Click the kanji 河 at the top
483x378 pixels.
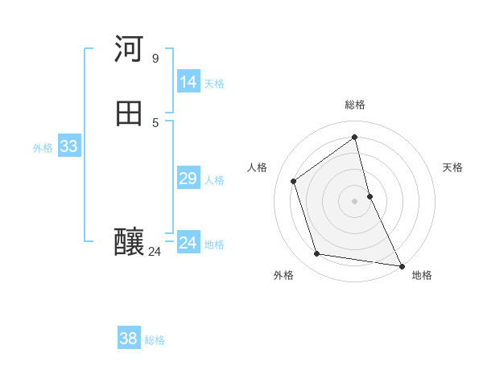tap(129, 49)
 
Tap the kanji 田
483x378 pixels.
tap(129, 113)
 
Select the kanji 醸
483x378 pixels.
tap(130, 242)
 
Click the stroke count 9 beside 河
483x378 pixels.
tap(155, 58)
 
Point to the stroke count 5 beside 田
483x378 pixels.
tap(155, 122)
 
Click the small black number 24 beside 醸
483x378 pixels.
tap(155, 252)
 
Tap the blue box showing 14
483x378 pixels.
tap(188, 82)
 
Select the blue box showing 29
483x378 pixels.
tap(188, 179)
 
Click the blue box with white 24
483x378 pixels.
tap(188, 243)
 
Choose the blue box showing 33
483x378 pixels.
tap(68, 146)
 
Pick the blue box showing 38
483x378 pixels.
tap(128, 339)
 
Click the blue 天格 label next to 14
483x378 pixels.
tap(214, 84)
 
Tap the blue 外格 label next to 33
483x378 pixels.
tap(43, 148)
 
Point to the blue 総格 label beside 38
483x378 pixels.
tap(155, 340)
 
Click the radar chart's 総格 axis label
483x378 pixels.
tap(355, 105)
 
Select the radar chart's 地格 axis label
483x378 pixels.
tap(422, 275)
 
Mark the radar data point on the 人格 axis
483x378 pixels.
tap(294, 181)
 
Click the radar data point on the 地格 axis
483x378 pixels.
tap(401, 265)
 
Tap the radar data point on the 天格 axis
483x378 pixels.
tap(369, 195)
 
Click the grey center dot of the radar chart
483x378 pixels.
tap(355, 200)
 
